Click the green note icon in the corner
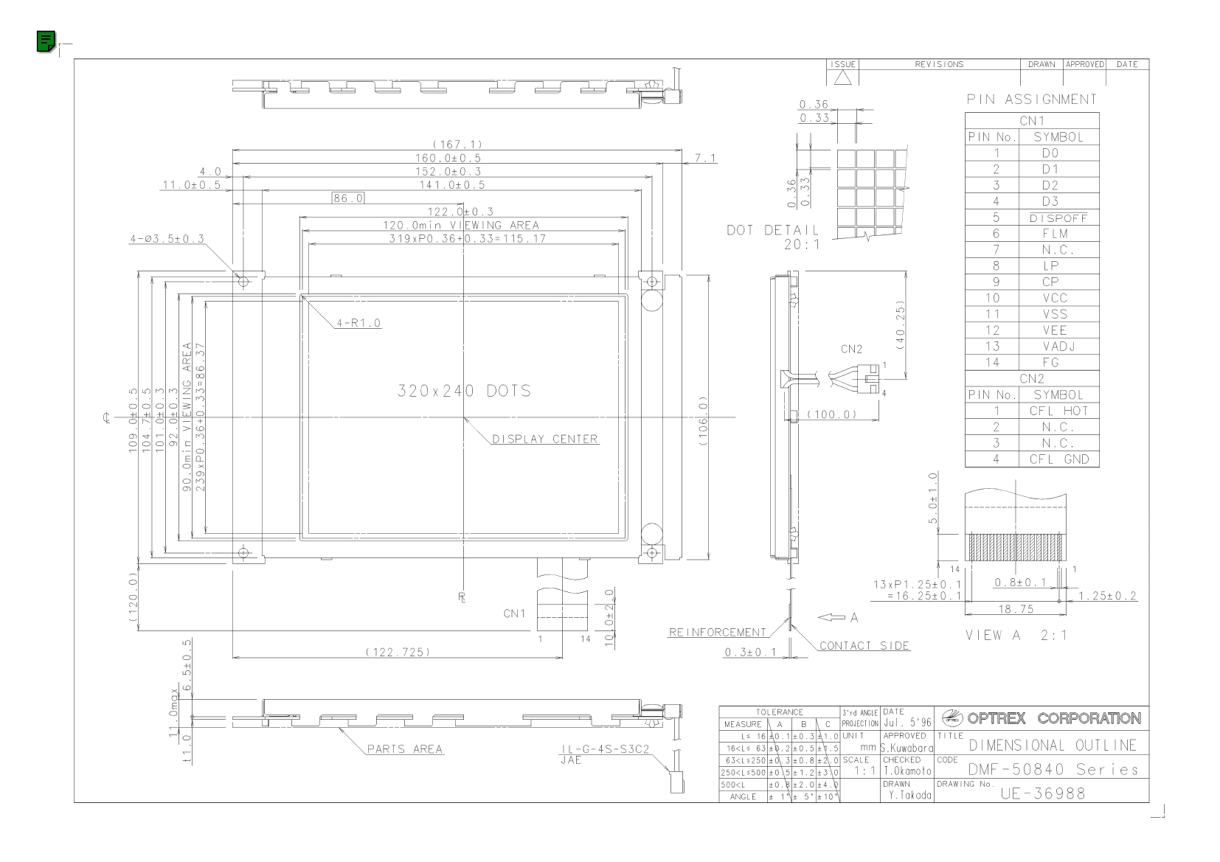point(46,41)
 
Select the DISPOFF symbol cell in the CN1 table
point(1058,218)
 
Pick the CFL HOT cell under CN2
point(1058,411)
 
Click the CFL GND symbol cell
point(1058,459)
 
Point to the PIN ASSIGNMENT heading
point(1031,99)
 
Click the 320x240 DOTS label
point(463,390)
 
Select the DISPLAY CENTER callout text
point(544,439)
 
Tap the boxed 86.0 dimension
point(348,198)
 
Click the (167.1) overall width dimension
point(457,145)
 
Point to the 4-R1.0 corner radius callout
point(358,323)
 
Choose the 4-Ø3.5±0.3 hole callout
point(167,238)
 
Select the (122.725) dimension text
point(398,652)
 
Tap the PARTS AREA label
point(405,748)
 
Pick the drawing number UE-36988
point(1043,793)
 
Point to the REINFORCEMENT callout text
point(717,632)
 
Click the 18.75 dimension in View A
point(1016,609)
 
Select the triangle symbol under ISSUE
point(842,78)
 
